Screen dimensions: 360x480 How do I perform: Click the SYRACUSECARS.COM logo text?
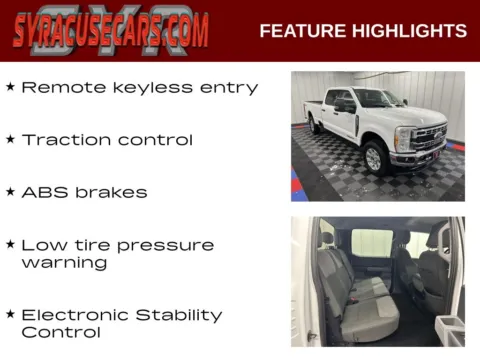[111, 31]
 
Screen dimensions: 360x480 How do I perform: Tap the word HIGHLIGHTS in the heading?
[410, 31]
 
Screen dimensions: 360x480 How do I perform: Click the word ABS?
[42, 191]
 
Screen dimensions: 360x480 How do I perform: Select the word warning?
[64, 263]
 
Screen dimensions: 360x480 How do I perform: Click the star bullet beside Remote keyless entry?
[10, 87]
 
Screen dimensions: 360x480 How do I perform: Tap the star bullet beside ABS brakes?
[10, 191]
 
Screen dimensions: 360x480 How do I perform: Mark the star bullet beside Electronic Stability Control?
[10, 314]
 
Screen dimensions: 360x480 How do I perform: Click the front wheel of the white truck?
[374, 156]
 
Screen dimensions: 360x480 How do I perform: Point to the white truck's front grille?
[429, 139]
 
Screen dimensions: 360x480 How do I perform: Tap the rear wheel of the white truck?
[315, 125]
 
